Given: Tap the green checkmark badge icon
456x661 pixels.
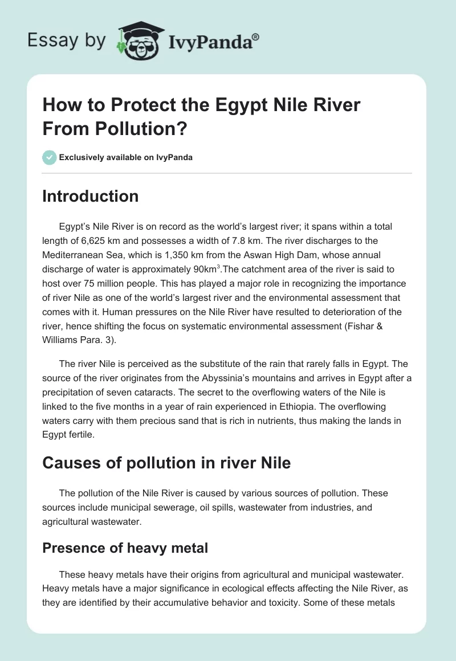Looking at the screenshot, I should (x=50, y=157).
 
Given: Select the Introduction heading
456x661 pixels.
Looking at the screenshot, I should (x=91, y=196).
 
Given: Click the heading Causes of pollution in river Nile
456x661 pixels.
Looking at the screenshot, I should (x=166, y=463).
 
